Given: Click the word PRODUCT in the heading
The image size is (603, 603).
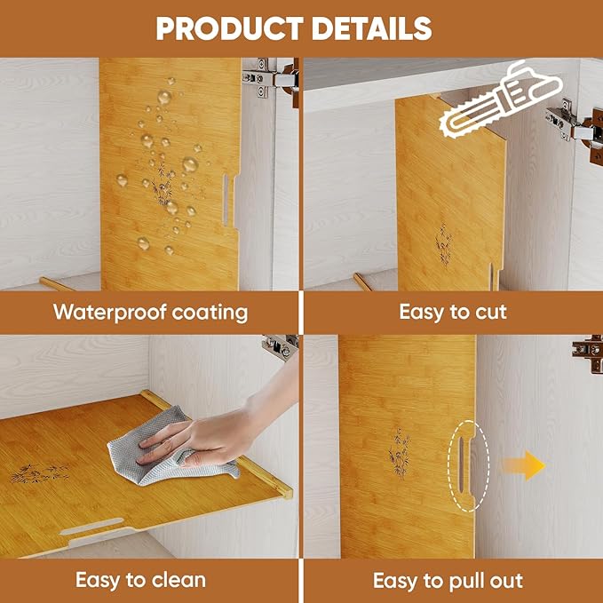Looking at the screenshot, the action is click(x=230, y=28).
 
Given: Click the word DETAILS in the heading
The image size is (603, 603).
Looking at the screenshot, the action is click(x=372, y=28).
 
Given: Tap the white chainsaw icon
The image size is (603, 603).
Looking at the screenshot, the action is click(x=501, y=100).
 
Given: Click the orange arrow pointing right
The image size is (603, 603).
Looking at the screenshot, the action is click(x=524, y=465).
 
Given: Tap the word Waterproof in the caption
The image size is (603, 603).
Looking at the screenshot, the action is click(x=109, y=313).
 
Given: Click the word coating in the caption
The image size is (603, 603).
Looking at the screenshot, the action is click(x=210, y=313).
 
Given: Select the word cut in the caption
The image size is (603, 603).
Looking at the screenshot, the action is click(x=491, y=312).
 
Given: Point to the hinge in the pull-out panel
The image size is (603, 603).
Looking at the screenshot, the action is click(x=588, y=353).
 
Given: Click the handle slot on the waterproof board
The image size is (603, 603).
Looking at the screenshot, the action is click(x=226, y=200).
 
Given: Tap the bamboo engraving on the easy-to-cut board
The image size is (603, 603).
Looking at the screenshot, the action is click(x=444, y=244).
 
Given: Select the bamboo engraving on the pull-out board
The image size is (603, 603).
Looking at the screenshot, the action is click(x=399, y=453).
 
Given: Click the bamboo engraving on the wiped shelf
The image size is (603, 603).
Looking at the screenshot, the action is click(x=40, y=473).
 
